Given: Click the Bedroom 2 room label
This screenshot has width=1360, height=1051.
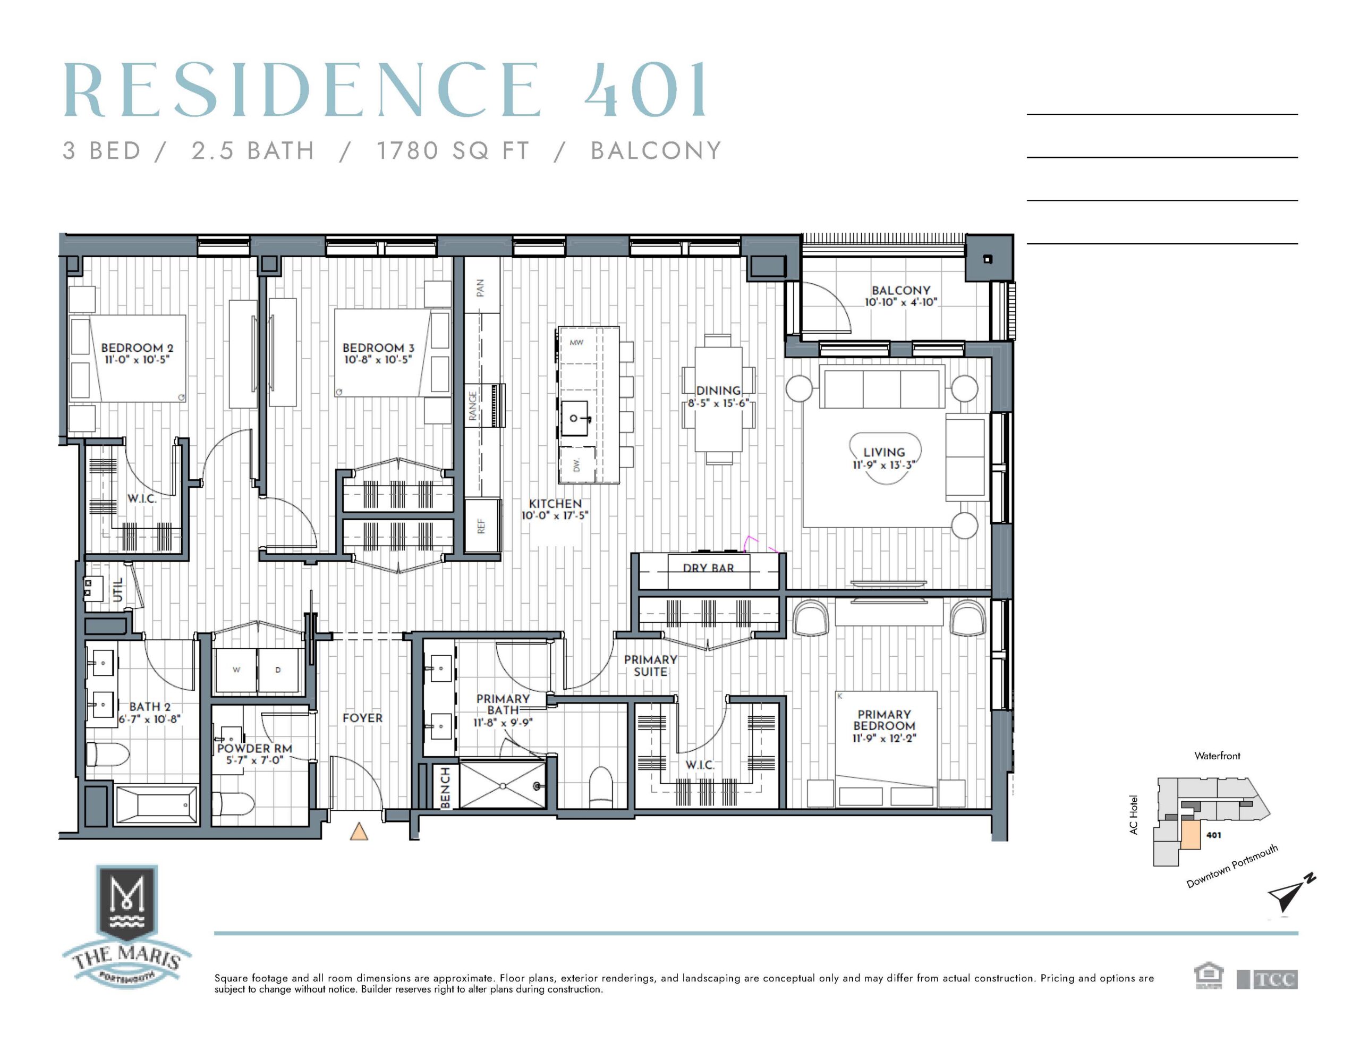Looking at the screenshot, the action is coord(137,348).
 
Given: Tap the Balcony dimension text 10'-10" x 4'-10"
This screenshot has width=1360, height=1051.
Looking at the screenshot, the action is coord(900,303).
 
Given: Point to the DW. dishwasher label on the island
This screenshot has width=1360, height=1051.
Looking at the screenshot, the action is coord(576,465).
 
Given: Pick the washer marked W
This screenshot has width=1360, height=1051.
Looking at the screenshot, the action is coord(236,671).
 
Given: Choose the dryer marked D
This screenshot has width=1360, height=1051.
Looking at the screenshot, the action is coord(278,671).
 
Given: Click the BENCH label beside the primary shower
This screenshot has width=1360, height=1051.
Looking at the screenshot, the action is coord(445,788).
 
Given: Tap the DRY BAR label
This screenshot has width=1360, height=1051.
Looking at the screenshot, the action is coord(708,567).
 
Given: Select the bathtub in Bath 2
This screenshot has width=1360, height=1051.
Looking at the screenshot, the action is coord(157,806).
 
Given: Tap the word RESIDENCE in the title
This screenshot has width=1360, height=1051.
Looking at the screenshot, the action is coord(302,90).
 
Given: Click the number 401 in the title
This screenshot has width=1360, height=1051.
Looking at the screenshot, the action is coord(646,90).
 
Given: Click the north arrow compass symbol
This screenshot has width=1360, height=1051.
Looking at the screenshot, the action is coord(1289,895).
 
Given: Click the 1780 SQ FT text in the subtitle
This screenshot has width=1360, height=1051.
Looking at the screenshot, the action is coord(453,151).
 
